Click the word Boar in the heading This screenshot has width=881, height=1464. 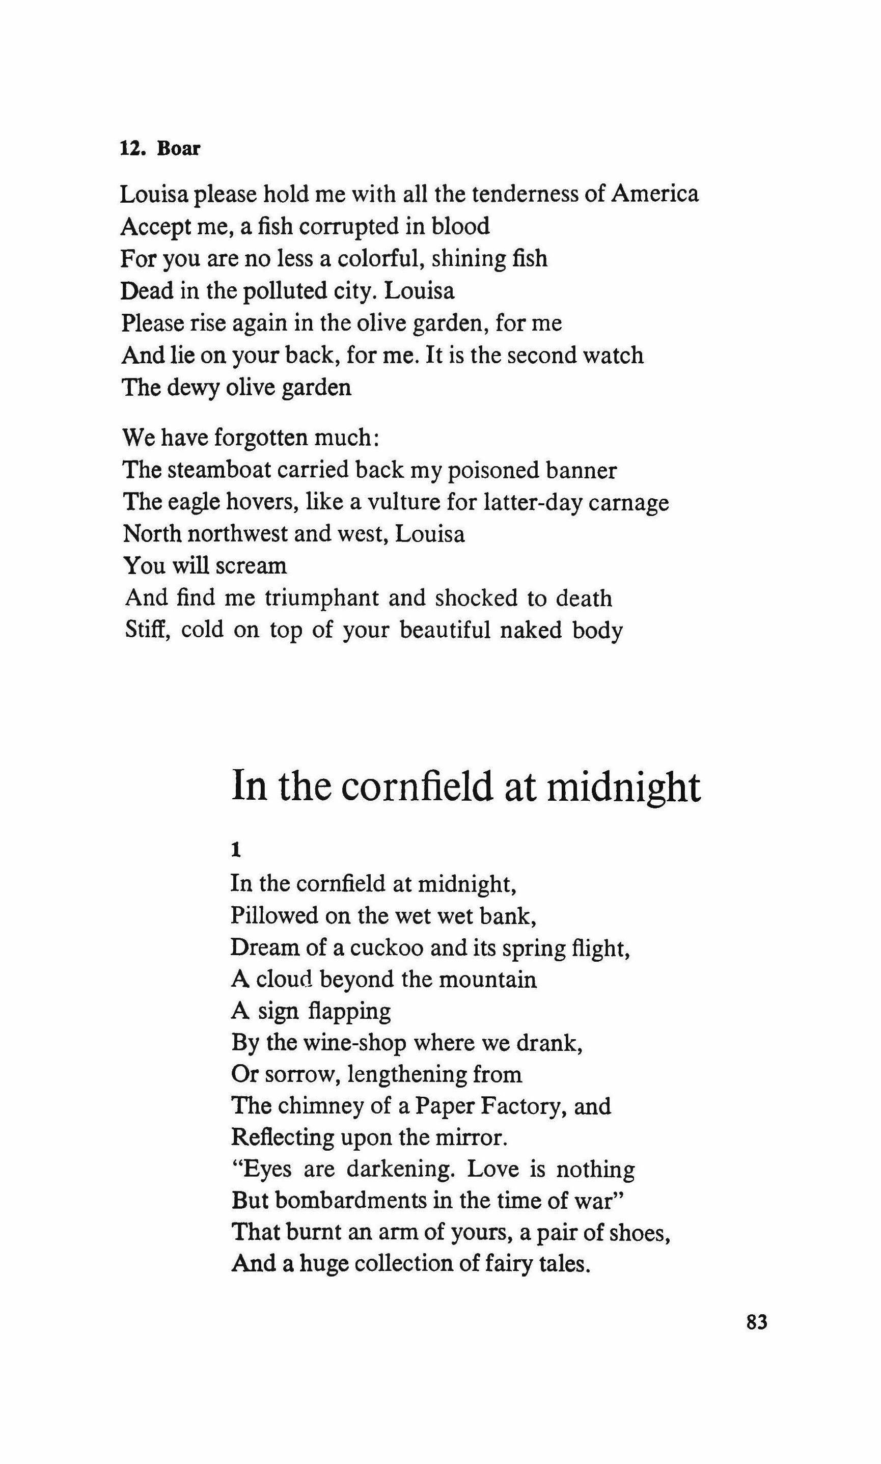(x=178, y=148)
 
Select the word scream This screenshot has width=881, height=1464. (x=251, y=566)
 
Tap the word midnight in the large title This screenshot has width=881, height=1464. (x=623, y=787)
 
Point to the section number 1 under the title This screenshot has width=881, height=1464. (x=236, y=851)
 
